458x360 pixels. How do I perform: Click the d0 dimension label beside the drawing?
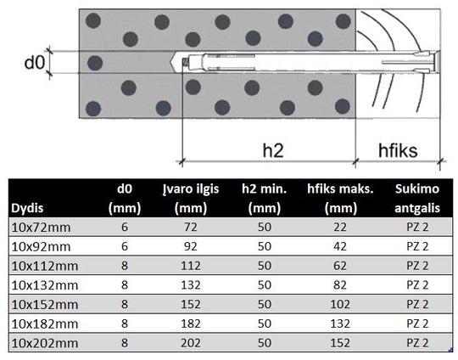[x=35, y=62]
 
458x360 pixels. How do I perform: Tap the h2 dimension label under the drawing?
[x=273, y=150]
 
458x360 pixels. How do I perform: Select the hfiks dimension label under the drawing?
[x=398, y=150]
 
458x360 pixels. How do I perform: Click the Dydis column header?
[x=27, y=208]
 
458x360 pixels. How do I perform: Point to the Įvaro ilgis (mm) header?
[x=191, y=199]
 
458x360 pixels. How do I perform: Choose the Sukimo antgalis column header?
[x=417, y=199]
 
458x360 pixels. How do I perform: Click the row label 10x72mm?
[x=41, y=228]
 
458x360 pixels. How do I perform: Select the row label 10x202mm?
[x=45, y=343]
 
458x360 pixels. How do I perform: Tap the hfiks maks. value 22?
[x=340, y=228]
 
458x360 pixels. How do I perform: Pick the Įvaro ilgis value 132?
[x=191, y=285]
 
